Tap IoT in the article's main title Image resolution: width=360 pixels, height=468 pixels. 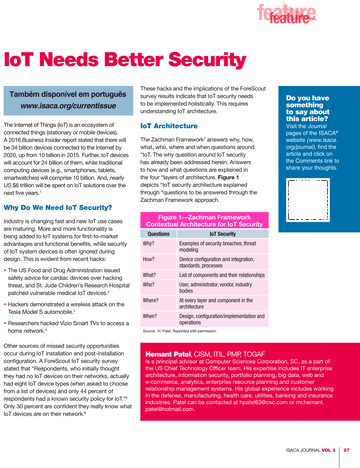tap(27, 60)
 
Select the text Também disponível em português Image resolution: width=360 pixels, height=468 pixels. tap(68, 91)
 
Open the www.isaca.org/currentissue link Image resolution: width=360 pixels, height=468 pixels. tap(68, 103)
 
